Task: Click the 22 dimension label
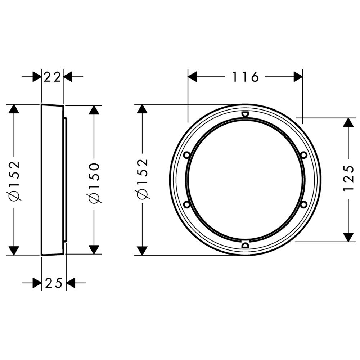point(52,77)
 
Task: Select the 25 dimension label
point(54,283)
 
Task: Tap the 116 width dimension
point(246,77)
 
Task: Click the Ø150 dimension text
point(94,183)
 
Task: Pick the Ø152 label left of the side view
point(14,181)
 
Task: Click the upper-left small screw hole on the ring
point(187,155)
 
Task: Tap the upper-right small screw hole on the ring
point(304,155)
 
